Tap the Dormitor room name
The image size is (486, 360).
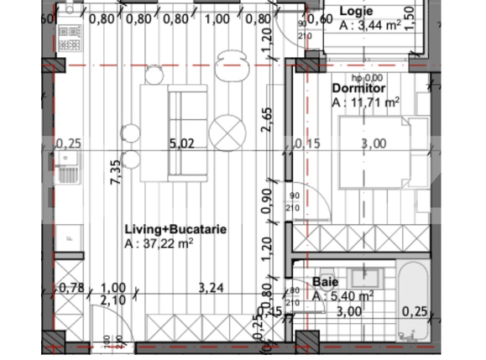coord(359,87)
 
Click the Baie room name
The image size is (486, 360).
coord(325,282)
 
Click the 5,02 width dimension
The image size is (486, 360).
coord(181,143)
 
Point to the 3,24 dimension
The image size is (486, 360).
coord(212,288)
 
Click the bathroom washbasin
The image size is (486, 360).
coord(364,277)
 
